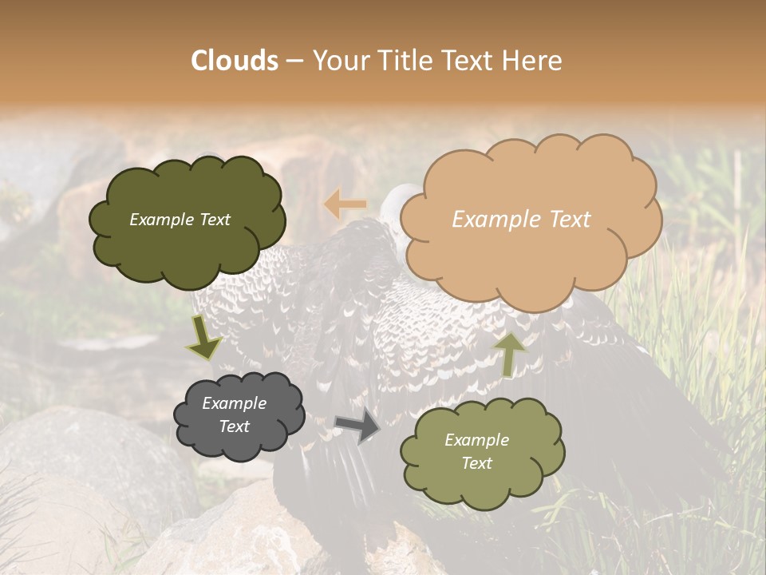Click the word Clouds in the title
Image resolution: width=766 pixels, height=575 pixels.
point(235,61)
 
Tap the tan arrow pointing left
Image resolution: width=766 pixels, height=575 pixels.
point(345,205)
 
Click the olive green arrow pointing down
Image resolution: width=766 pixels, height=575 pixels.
point(203,338)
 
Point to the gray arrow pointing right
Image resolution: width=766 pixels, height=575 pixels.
point(357,426)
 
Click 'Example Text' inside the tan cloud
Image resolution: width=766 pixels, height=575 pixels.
point(521,220)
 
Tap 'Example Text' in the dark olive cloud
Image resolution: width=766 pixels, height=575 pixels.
point(180,220)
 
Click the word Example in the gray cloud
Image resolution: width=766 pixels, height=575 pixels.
point(234,403)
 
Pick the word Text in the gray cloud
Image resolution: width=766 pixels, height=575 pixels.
point(234,426)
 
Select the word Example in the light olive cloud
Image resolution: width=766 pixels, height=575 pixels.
point(476,440)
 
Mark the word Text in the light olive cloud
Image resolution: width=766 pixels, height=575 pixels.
point(476,463)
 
